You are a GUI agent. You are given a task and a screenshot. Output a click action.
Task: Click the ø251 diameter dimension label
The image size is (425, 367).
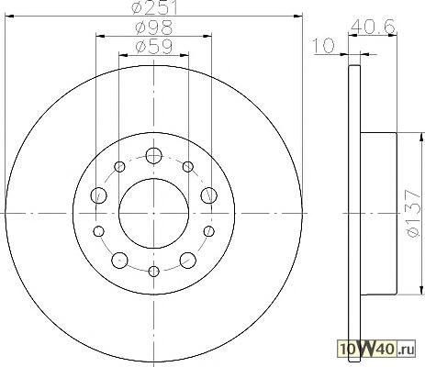pos(155,7)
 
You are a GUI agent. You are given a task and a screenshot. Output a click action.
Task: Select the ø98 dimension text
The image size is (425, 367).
pos(154,28)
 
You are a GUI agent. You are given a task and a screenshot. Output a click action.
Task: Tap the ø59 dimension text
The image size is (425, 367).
pos(154,47)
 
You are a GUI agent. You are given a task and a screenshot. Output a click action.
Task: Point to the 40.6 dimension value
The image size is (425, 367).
pos(373,28)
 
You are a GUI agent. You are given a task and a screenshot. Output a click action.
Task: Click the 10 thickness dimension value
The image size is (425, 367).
pos(324,46)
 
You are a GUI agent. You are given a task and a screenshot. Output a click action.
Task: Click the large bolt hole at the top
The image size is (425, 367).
pos(153,156)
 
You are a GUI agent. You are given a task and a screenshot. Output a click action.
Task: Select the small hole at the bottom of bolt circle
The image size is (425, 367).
pos(153,271)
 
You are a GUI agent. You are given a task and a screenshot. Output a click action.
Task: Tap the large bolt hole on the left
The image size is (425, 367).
pos(99,195)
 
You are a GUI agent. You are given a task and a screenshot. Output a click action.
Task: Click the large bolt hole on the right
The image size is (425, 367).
pos(209,195)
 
